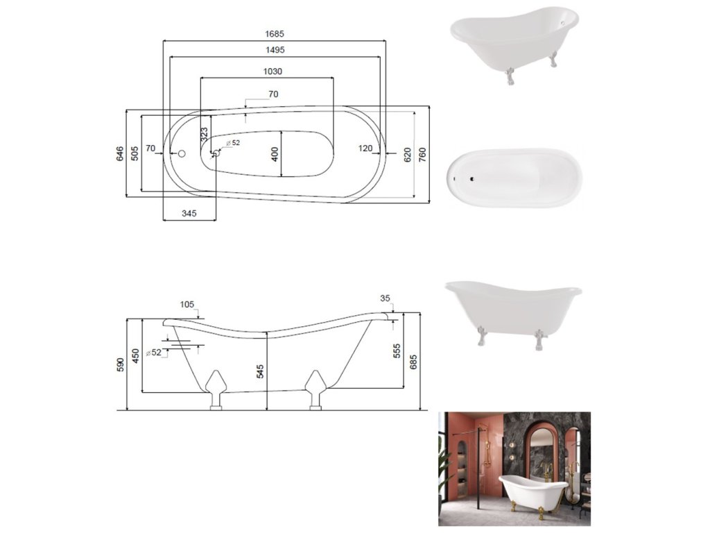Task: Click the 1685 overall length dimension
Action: click(275, 34)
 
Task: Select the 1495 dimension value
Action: click(275, 50)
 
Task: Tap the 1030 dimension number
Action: click(272, 71)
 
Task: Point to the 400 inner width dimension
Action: click(275, 155)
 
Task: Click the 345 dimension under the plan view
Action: click(189, 214)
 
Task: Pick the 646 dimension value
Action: click(120, 153)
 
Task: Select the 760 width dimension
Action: click(422, 155)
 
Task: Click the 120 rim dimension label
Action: click(365, 149)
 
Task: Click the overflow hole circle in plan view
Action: click(182, 153)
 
